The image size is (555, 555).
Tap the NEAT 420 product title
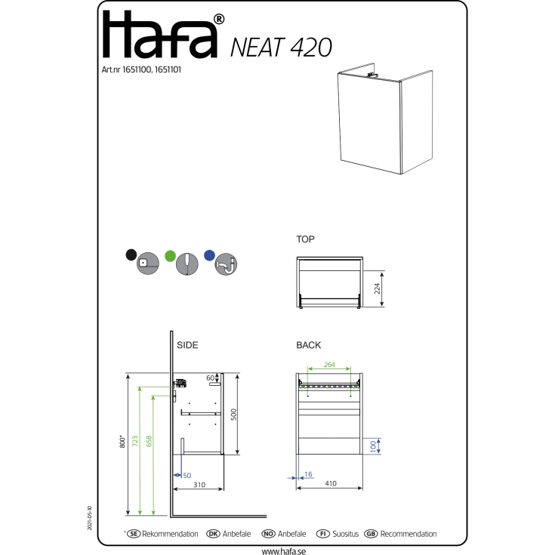(x=281, y=48)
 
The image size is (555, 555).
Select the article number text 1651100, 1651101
(x=152, y=69)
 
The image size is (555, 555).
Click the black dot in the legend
(x=131, y=255)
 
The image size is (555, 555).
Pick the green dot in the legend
(x=170, y=256)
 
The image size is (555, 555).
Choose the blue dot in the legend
(x=210, y=255)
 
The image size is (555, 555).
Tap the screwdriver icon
(x=187, y=264)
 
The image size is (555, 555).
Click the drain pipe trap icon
(x=226, y=264)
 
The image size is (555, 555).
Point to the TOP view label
(x=306, y=239)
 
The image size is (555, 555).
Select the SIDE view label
(x=187, y=345)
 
